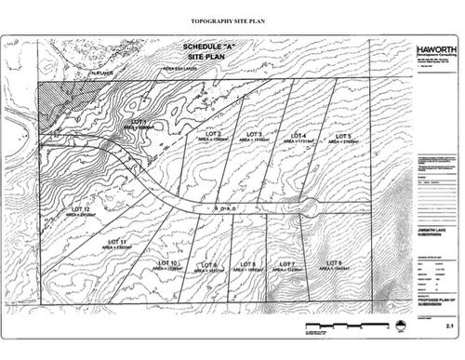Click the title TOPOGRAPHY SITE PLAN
(232, 19)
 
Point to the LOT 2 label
(212, 133)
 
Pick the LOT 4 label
(299, 136)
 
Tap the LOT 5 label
(341, 137)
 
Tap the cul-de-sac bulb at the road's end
(310, 207)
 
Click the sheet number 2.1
(448, 327)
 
